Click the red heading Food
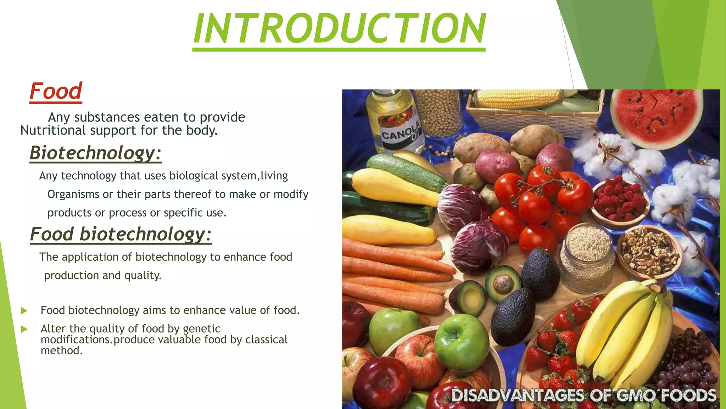[56, 91]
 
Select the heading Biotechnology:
[95, 153]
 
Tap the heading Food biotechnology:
[121, 234]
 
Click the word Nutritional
[53, 130]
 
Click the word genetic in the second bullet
[202, 328]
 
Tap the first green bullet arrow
[24, 311]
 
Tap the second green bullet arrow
[24, 329]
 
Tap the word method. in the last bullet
[62, 351]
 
